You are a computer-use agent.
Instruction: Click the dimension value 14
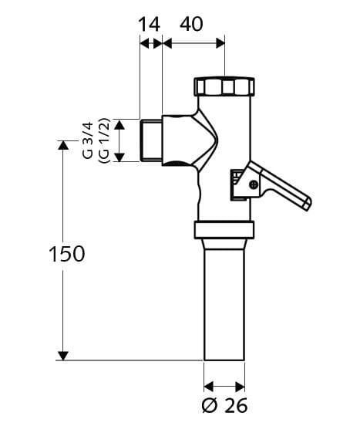point(150,25)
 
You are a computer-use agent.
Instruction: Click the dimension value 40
point(191,24)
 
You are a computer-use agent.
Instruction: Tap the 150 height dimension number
point(67,254)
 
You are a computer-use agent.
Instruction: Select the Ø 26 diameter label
point(225,406)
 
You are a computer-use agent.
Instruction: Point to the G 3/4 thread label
point(88,140)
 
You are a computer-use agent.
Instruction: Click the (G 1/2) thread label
point(104,140)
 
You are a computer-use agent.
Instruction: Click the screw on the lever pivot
point(254,184)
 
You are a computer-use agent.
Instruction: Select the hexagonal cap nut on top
point(224,86)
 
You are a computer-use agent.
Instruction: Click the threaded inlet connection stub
point(151,140)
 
